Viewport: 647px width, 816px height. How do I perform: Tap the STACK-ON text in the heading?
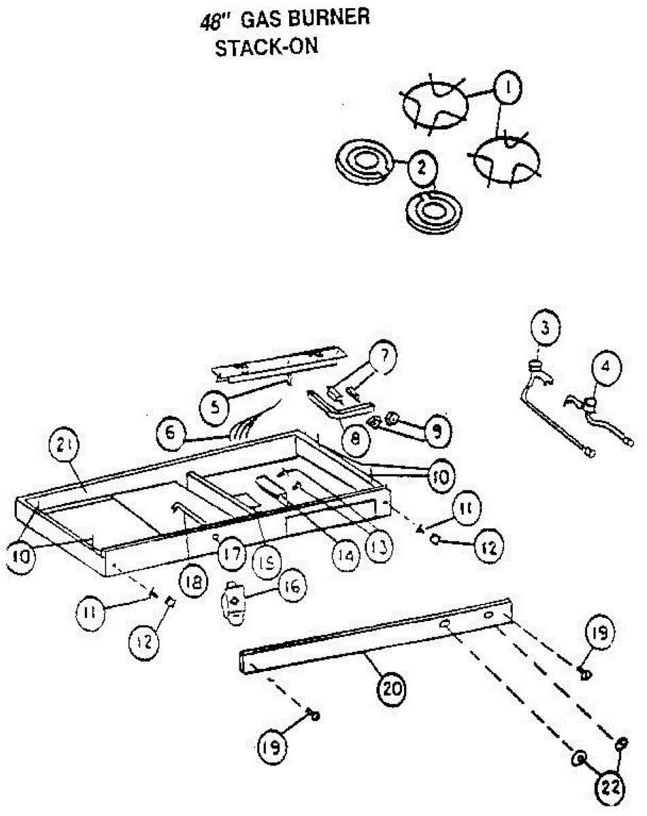[267, 48]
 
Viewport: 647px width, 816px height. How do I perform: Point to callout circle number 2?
[422, 166]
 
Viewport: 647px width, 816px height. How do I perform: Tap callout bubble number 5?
[215, 407]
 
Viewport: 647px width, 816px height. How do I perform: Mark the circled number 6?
[171, 433]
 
